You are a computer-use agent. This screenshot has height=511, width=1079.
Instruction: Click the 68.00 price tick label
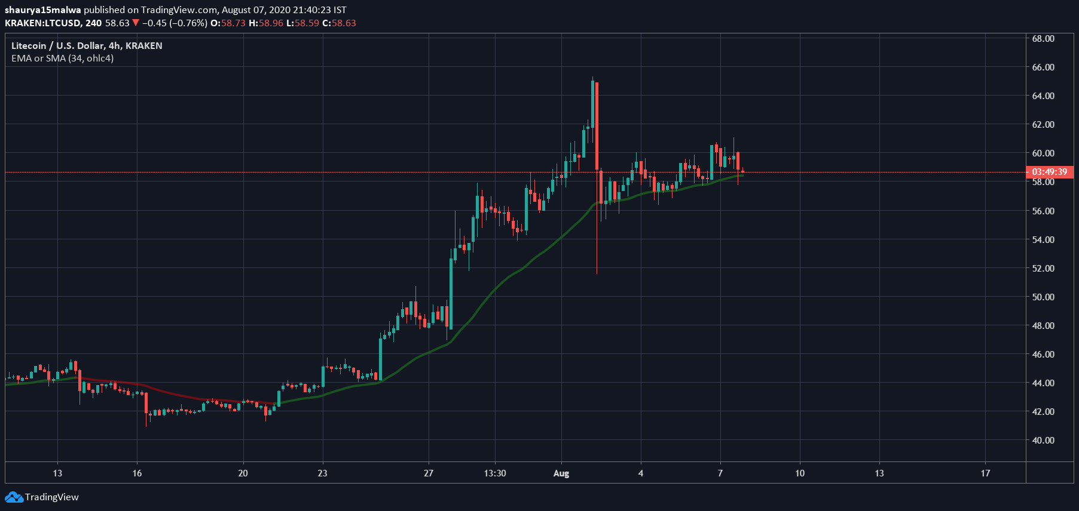1043,38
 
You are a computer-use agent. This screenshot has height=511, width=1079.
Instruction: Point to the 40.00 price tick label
1043,440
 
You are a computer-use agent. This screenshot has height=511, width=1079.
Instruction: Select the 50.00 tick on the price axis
1043,297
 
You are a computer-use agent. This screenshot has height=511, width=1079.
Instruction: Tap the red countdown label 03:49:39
1049,172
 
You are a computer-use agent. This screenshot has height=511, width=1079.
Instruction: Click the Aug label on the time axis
561,473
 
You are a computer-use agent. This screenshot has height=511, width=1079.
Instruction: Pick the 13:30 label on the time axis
494,473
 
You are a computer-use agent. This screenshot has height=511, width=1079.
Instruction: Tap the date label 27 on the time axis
428,473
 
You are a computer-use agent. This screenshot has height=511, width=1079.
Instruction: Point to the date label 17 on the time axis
985,473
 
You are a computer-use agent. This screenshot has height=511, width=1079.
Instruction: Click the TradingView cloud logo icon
14,497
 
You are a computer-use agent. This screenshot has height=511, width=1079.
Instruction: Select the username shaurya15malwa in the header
42,10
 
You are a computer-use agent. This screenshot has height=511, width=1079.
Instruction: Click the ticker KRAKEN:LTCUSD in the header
44,23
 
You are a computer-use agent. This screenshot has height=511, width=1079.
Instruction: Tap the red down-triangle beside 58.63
136,23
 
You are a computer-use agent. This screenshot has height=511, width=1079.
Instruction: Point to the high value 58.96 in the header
271,23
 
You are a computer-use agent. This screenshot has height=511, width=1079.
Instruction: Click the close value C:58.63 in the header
339,23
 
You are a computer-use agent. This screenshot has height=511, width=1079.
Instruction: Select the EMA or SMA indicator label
62,58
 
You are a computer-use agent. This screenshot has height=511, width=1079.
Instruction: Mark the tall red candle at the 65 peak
597,125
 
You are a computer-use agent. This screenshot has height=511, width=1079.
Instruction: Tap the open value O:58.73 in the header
228,23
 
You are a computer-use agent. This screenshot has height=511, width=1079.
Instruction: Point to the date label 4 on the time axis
640,473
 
